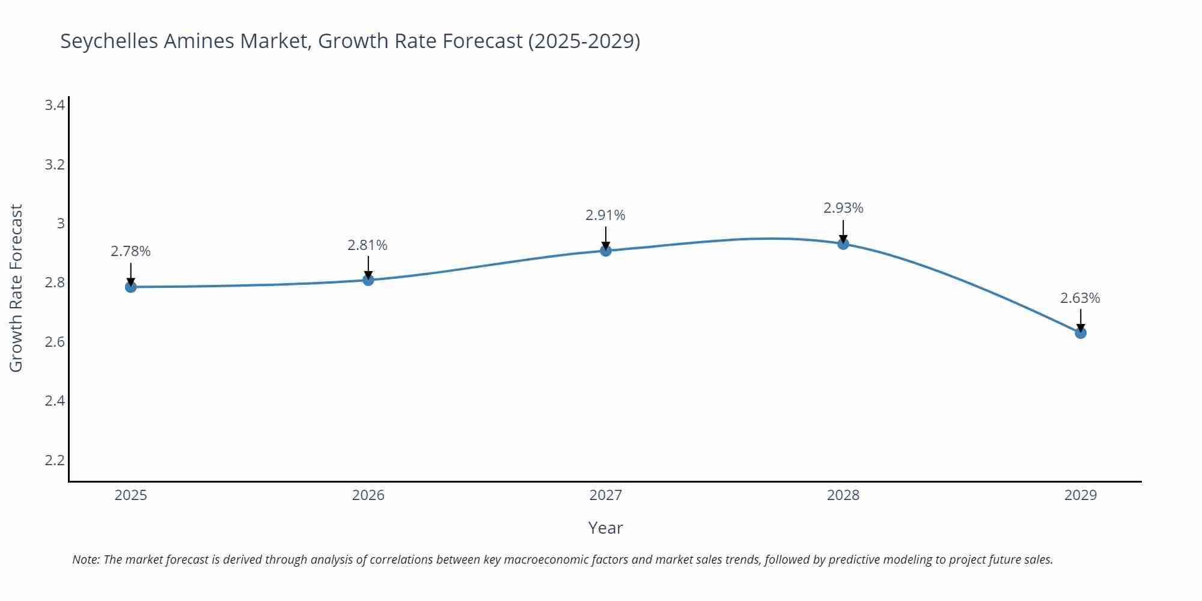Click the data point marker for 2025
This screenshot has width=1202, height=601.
tap(130, 287)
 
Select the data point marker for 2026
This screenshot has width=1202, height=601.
tap(368, 280)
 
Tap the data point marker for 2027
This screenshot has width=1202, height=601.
tap(606, 251)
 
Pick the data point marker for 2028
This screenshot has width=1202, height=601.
tap(843, 243)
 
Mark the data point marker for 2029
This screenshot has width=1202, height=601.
tap(1081, 332)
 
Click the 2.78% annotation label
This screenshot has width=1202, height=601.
tap(130, 251)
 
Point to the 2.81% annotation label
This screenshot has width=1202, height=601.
tap(368, 245)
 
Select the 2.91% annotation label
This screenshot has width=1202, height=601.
tap(605, 215)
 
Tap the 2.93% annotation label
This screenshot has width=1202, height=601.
tap(843, 208)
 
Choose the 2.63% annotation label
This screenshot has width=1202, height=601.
tap(1080, 298)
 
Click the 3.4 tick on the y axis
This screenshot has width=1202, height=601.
tap(55, 106)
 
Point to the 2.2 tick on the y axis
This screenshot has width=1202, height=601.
tap(55, 460)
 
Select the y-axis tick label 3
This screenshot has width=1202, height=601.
tap(60, 224)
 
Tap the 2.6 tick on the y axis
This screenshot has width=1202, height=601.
tap(55, 342)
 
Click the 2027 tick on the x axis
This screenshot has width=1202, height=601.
tap(606, 495)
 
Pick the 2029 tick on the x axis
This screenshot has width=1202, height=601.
tap(1081, 495)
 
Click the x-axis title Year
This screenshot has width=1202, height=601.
tap(605, 528)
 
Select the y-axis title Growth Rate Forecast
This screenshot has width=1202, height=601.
tap(16, 288)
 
